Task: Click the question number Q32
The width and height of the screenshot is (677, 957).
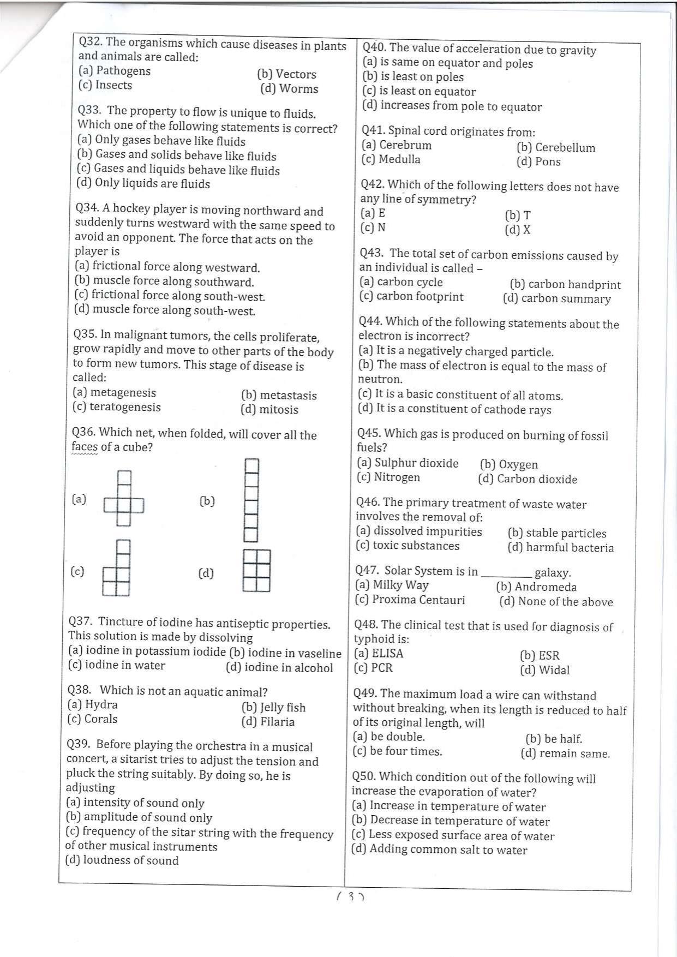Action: point(91,42)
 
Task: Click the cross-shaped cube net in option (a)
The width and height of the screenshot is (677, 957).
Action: point(124,499)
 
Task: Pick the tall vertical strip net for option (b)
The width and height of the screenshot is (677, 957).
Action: point(251,500)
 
